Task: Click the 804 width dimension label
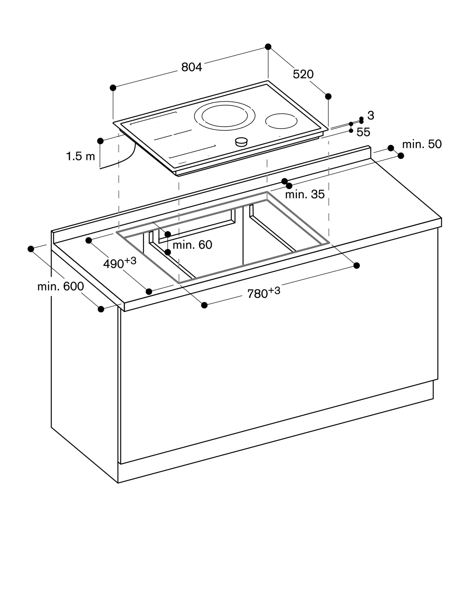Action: tap(191, 67)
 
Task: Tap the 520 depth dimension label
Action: tap(303, 74)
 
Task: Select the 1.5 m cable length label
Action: tap(80, 156)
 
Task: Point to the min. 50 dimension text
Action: tap(422, 144)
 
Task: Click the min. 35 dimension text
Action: tap(305, 194)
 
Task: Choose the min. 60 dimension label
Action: tap(192, 245)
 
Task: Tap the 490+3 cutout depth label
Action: tap(120, 263)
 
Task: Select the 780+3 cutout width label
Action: tap(263, 293)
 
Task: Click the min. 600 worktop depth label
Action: tap(61, 287)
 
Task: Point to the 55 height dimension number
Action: tap(363, 132)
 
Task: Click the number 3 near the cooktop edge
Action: tap(371, 116)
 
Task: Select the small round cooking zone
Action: tap(281, 121)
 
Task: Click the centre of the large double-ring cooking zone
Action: tap(225, 116)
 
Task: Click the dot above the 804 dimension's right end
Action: tap(268, 46)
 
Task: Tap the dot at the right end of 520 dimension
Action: tap(328, 96)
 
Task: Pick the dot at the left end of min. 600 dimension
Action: tap(31, 249)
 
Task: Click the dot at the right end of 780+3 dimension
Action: tap(357, 266)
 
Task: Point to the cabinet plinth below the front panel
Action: tap(275, 432)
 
